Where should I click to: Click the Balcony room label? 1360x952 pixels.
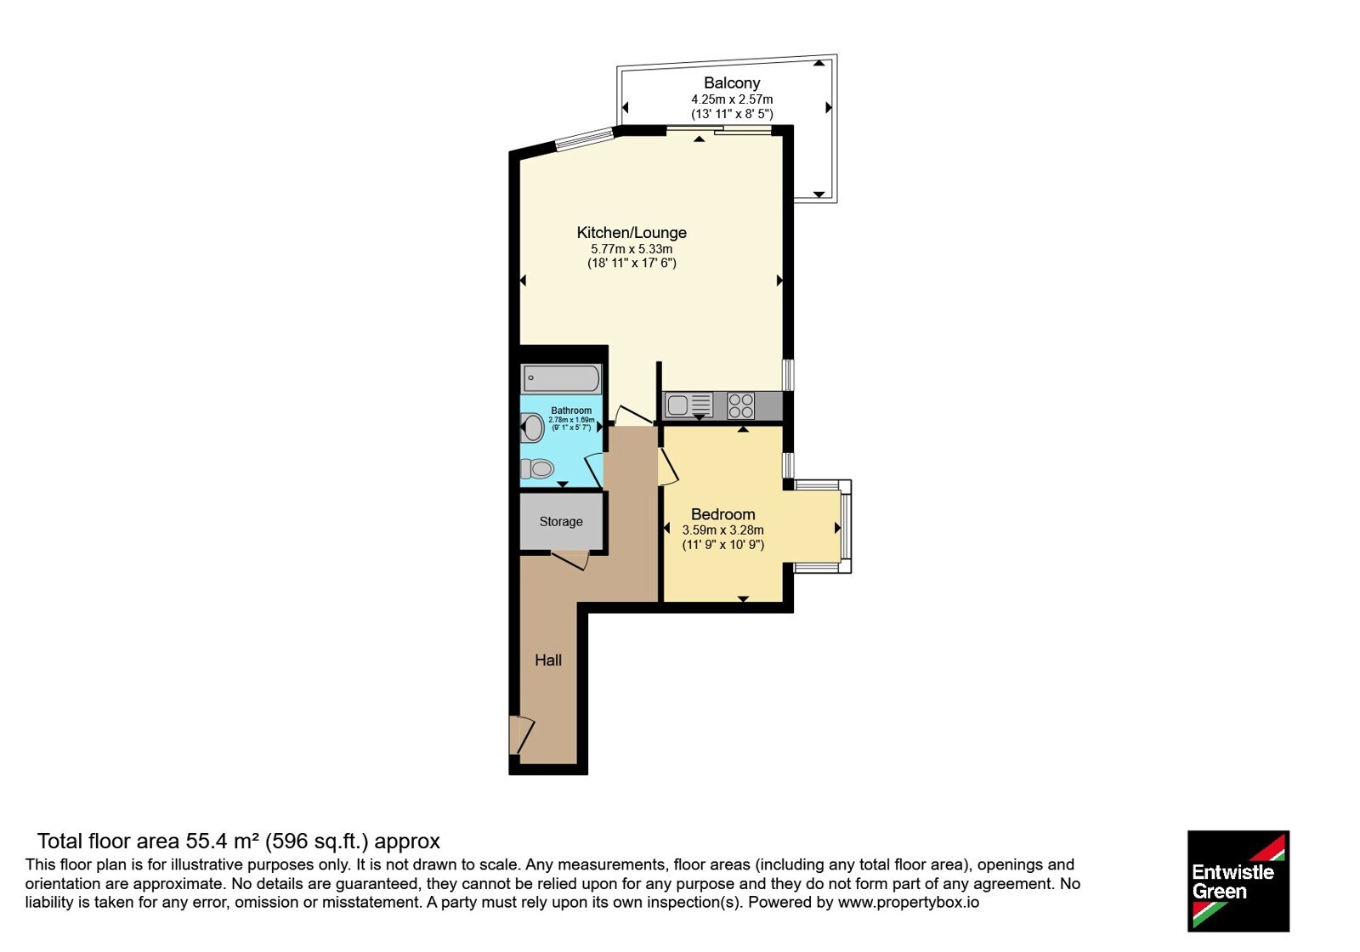pyautogui.click(x=732, y=82)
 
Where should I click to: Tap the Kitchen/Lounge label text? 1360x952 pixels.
pyautogui.click(x=632, y=233)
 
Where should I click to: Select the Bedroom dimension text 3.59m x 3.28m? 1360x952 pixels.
pyautogui.click(x=723, y=530)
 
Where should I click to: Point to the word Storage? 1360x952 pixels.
pyautogui.click(x=561, y=522)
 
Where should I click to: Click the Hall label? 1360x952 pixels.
pyautogui.click(x=548, y=660)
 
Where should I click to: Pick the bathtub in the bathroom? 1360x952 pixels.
pyautogui.click(x=562, y=379)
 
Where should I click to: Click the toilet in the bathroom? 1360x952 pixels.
pyautogui.click(x=532, y=428)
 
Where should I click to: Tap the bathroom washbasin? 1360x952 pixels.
pyautogui.click(x=537, y=468)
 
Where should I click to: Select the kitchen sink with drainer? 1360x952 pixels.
pyautogui.click(x=689, y=405)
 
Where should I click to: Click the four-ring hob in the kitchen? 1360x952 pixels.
pyautogui.click(x=740, y=405)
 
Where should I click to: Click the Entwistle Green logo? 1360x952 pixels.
pyautogui.click(x=1238, y=881)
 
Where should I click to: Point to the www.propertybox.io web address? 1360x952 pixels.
pyautogui.click(x=909, y=902)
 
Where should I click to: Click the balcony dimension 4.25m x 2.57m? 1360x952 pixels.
pyautogui.click(x=732, y=99)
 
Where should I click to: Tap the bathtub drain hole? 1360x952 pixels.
pyautogui.click(x=530, y=378)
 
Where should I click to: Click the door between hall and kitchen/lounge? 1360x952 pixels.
pyautogui.click(x=633, y=415)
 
